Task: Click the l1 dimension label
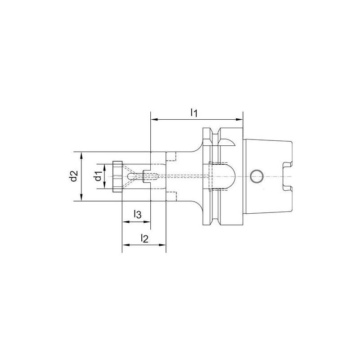tap(194, 112)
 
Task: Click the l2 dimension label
tap(144, 238)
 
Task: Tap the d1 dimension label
tap(96, 176)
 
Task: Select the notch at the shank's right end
tap(286, 176)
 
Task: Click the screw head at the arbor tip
tap(117, 176)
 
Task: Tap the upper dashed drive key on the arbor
tap(171, 156)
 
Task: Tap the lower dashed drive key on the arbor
tap(171, 196)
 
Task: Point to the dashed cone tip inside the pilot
tap(130, 176)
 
